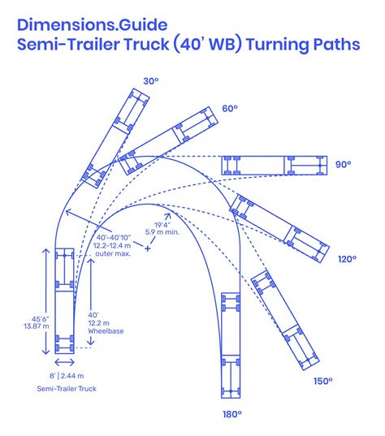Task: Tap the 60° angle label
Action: tap(230, 109)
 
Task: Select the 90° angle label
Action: tap(344, 164)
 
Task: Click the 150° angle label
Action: tap(322, 380)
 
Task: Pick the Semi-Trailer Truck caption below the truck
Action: tap(67, 390)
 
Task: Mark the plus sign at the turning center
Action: tap(148, 248)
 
